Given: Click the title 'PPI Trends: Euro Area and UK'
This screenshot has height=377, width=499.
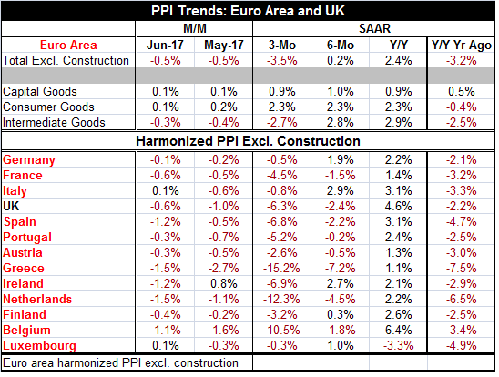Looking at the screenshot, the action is click(248, 11).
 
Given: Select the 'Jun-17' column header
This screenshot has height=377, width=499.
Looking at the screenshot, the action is click(165, 45).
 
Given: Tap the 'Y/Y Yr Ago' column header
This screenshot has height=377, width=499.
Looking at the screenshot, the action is click(461, 45).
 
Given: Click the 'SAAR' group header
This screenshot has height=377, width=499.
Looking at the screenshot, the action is click(374, 28).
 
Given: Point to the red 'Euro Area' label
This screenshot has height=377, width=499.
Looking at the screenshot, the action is click(68, 45).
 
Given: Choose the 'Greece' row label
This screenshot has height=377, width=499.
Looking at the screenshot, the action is click(24, 269).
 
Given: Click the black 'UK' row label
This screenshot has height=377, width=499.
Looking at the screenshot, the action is click(11, 206).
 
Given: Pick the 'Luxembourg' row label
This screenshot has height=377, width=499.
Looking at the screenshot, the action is click(39, 346).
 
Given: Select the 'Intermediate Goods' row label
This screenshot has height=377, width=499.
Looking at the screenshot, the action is click(54, 123).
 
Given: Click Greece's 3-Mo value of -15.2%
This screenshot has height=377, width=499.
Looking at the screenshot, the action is click(281, 269).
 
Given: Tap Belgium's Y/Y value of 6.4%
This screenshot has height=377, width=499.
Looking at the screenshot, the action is click(399, 331).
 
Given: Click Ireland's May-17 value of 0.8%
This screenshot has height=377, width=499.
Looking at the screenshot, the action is click(224, 284).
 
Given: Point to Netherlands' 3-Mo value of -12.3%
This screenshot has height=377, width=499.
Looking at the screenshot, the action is click(281, 300).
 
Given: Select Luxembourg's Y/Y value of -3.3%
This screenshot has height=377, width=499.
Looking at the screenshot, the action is click(399, 346).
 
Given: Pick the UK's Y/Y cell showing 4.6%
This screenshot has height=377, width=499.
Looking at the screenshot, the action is click(399, 206).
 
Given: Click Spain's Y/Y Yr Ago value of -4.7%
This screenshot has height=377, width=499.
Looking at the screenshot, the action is click(461, 222).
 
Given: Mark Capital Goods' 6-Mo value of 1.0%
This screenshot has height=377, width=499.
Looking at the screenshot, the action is click(341, 92).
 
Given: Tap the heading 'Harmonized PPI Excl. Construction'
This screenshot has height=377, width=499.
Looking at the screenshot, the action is click(248, 141).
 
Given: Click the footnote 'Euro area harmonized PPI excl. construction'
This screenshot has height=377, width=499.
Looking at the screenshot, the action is click(120, 363).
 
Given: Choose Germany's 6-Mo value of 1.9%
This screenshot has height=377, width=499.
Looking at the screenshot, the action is click(341, 159).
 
